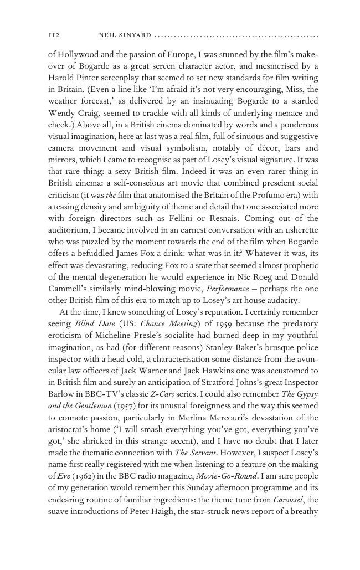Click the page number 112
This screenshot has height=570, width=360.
(x=54, y=35)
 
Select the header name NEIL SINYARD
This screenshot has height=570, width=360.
(x=125, y=35)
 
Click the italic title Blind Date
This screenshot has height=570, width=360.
(x=94, y=323)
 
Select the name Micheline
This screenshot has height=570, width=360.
(x=116, y=335)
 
